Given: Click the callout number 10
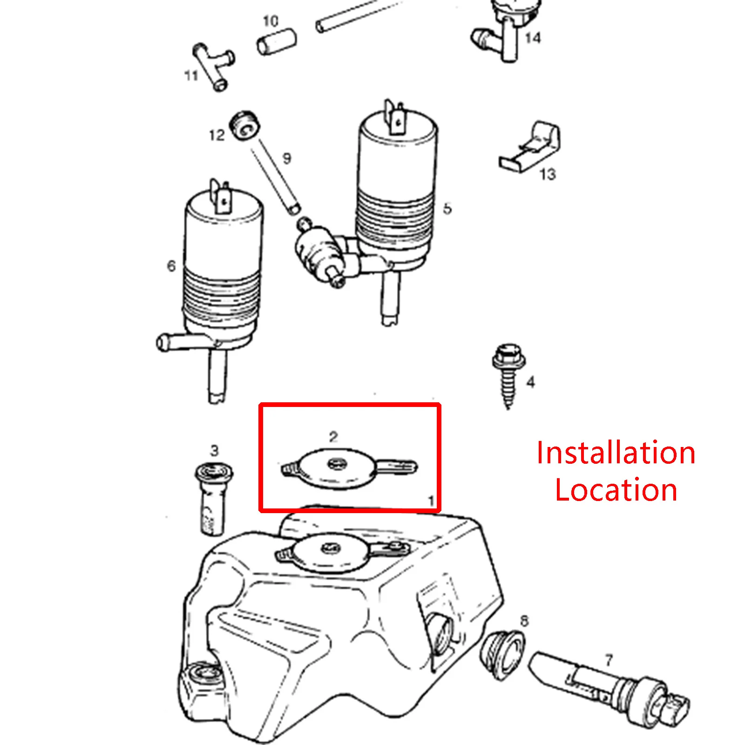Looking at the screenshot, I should [271, 21].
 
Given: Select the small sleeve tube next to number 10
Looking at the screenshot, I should [277, 41].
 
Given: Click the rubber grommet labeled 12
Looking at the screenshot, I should [245, 124].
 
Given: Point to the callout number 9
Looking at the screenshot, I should [287, 159].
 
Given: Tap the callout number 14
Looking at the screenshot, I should [533, 38].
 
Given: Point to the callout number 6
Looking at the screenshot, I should [171, 266].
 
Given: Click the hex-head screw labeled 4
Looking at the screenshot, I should [508, 375].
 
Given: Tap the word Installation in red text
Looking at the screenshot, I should [616, 453].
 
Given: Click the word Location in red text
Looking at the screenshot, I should [616, 490].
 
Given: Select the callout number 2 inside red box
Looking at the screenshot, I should [333, 437].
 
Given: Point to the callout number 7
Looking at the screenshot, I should [609, 660].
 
